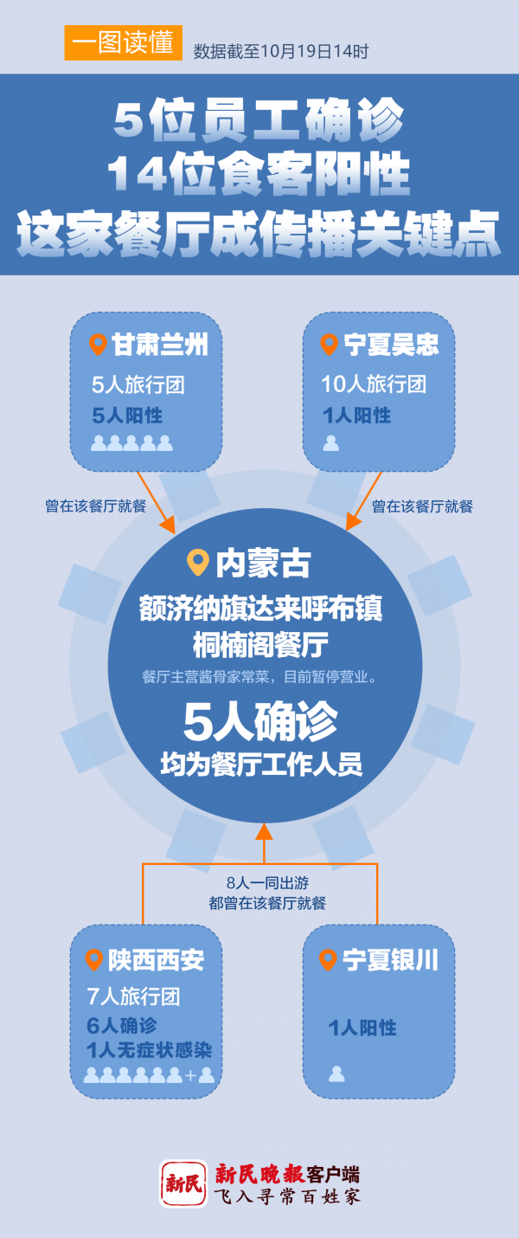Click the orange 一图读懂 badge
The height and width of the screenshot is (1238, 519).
pyautogui.click(x=123, y=43)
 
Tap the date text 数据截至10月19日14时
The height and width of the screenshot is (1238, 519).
pyautogui.click(x=281, y=52)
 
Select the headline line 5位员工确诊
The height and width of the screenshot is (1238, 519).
pyautogui.click(x=259, y=123)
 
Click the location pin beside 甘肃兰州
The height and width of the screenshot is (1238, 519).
pyautogui.click(x=99, y=345)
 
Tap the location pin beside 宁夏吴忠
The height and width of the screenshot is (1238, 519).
pyautogui.click(x=329, y=345)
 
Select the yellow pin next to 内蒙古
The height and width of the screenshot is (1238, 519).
pyautogui.click(x=198, y=563)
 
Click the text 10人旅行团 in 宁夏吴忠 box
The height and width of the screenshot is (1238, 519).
pyautogui.click(x=374, y=384)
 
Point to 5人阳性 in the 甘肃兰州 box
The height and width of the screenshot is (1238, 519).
pyautogui.click(x=127, y=416)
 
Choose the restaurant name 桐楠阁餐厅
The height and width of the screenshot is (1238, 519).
pyautogui.click(x=259, y=645)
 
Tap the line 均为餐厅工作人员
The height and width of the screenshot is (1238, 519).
pyautogui.click(x=260, y=765)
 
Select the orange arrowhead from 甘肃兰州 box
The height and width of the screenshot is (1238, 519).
pyautogui.click(x=168, y=525)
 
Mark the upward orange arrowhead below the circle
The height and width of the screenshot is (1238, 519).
pyautogui.click(x=264, y=831)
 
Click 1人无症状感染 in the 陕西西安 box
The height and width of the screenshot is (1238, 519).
pyautogui.click(x=149, y=1051)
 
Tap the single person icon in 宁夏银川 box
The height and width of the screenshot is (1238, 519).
pyautogui.click(x=336, y=1074)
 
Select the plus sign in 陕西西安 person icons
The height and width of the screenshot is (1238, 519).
pyautogui.click(x=190, y=1076)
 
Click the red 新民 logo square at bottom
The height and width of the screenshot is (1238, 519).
pyautogui.click(x=183, y=1183)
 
